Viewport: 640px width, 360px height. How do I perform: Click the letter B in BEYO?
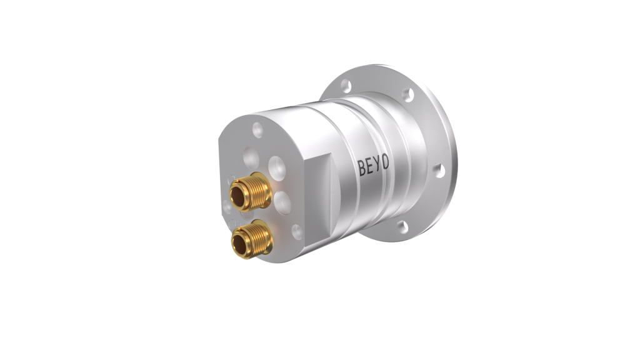[x=362, y=167]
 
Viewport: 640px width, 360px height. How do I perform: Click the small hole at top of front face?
[x=257, y=130]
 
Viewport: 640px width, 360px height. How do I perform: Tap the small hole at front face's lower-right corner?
[x=298, y=232]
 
